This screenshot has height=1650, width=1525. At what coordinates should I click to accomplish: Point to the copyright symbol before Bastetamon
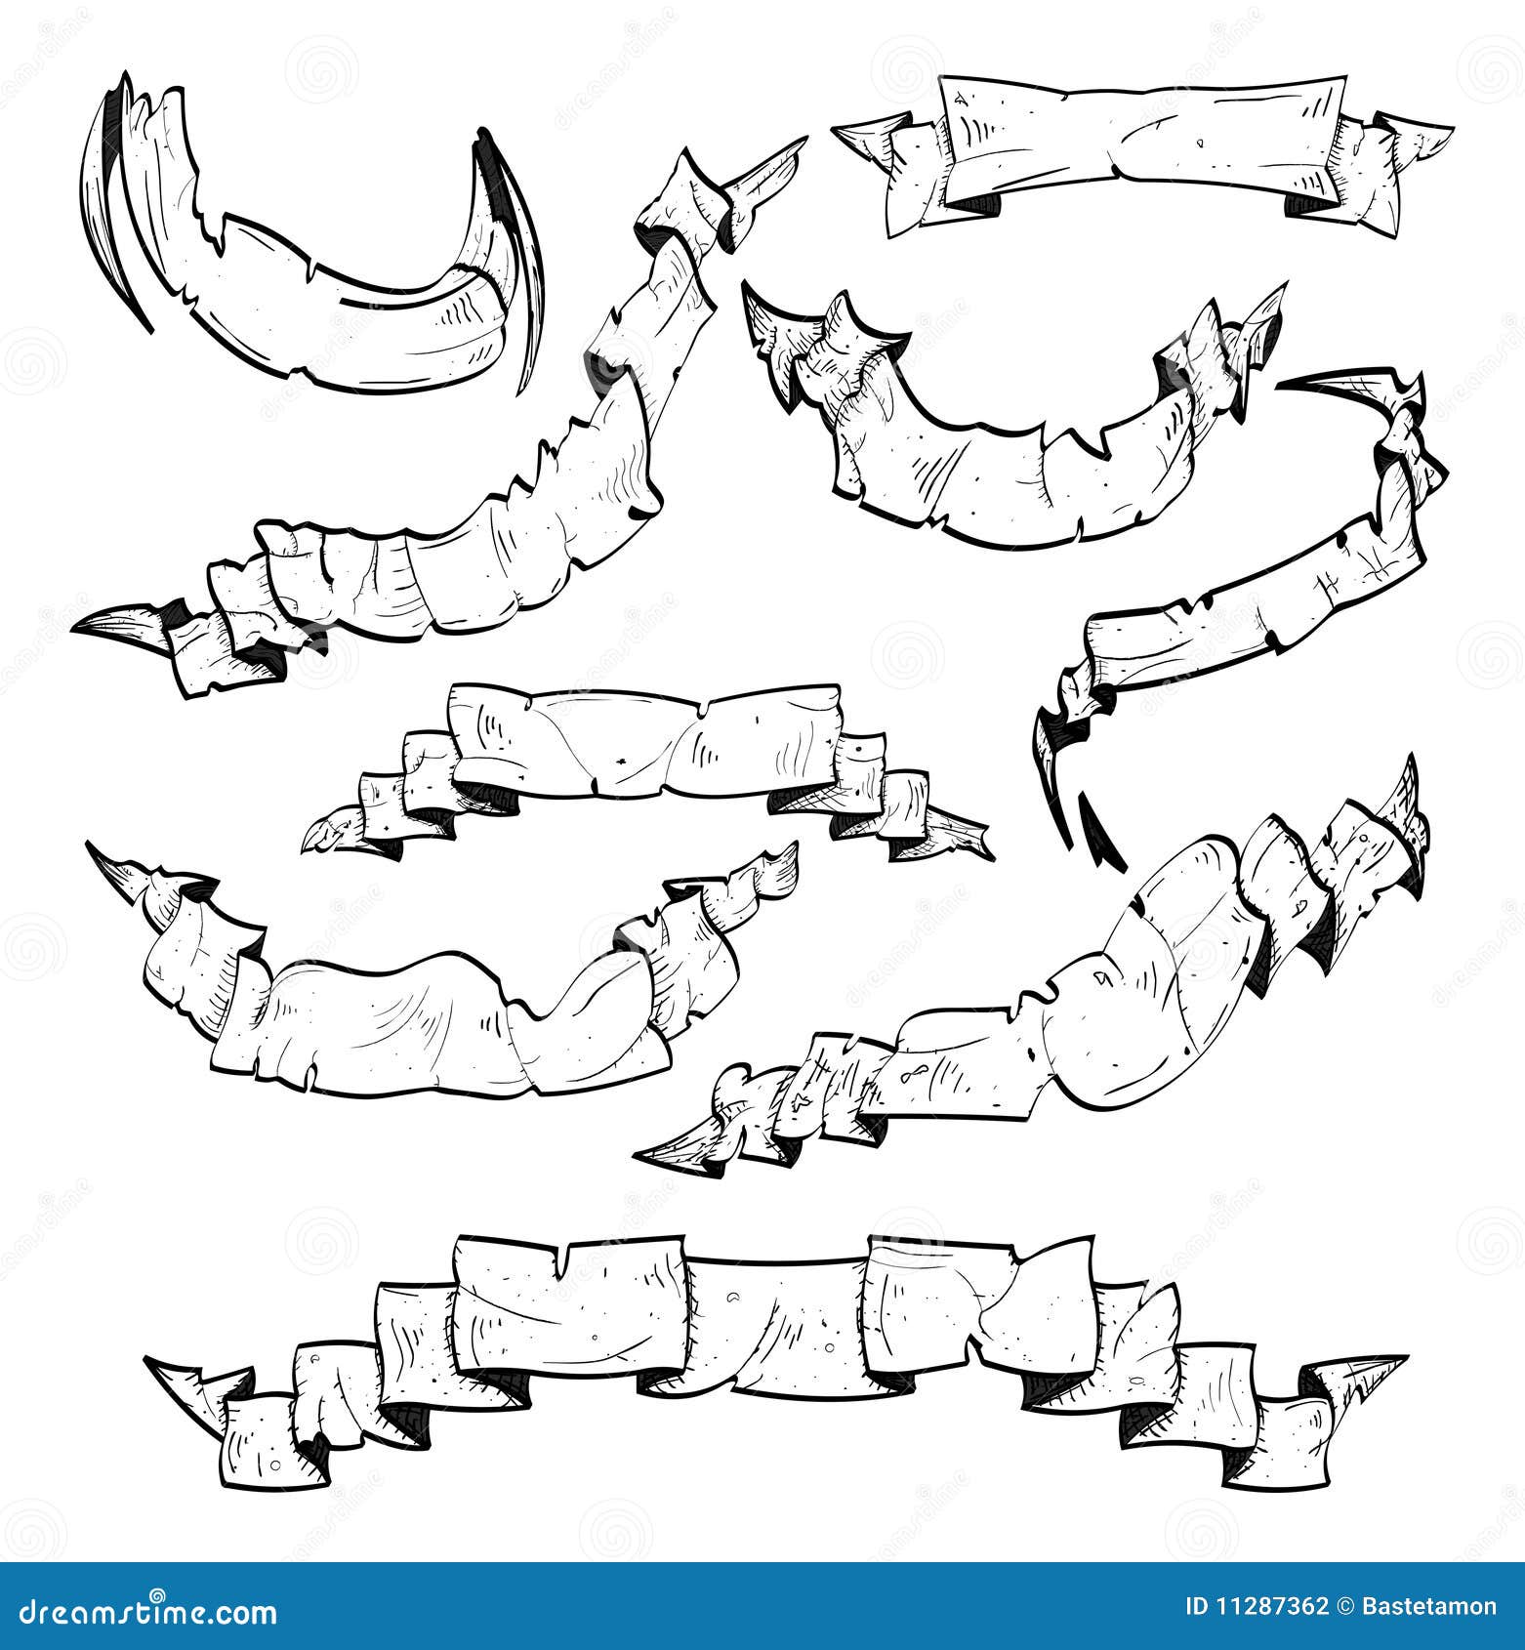click(1348, 1606)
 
